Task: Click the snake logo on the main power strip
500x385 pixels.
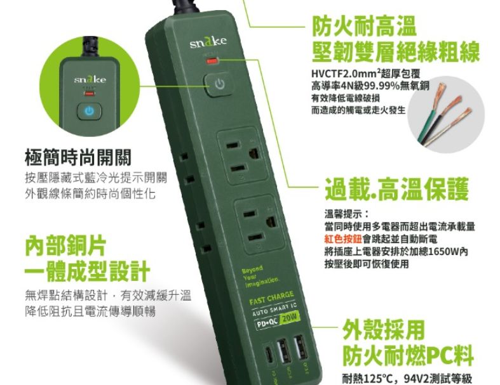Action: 208,44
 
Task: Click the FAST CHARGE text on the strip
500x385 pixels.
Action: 271,297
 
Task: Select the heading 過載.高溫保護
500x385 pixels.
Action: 396,188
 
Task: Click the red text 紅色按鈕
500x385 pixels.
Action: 344,238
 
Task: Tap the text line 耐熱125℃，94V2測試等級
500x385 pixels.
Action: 407,379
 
